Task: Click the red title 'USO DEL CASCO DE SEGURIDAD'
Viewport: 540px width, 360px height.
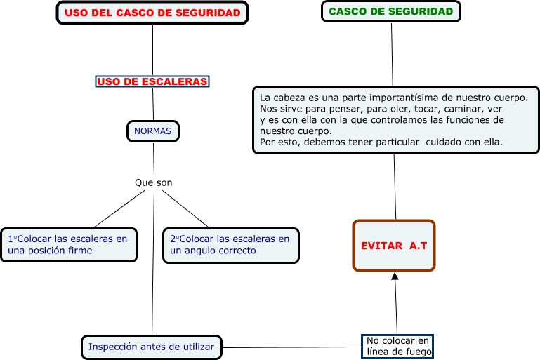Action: pos(152,13)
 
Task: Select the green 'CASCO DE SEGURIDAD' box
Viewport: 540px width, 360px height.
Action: pos(390,12)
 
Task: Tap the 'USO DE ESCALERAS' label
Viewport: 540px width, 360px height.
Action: pos(152,81)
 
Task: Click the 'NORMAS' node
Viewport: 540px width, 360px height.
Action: pos(152,131)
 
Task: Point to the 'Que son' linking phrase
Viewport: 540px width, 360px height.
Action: pos(153,182)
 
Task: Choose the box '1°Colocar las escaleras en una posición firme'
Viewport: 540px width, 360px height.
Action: pos(68,244)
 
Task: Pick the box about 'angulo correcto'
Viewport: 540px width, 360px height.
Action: pos(230,244)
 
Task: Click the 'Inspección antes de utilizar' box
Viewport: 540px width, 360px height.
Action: pos(152,346)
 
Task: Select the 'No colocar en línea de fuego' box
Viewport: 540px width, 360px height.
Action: pos(397,346)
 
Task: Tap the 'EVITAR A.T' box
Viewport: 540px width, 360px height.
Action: pos(393,246)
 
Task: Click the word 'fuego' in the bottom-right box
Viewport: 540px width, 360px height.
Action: pos(416,352)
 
